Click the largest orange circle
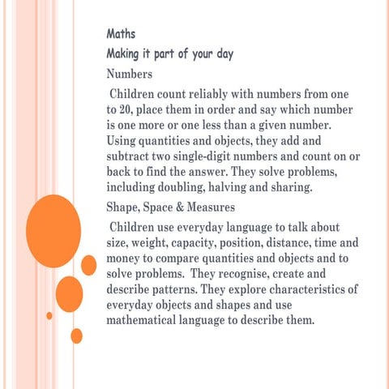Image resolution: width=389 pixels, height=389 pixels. (x=53, y=226)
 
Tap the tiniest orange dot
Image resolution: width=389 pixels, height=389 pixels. (x=49, y=315)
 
